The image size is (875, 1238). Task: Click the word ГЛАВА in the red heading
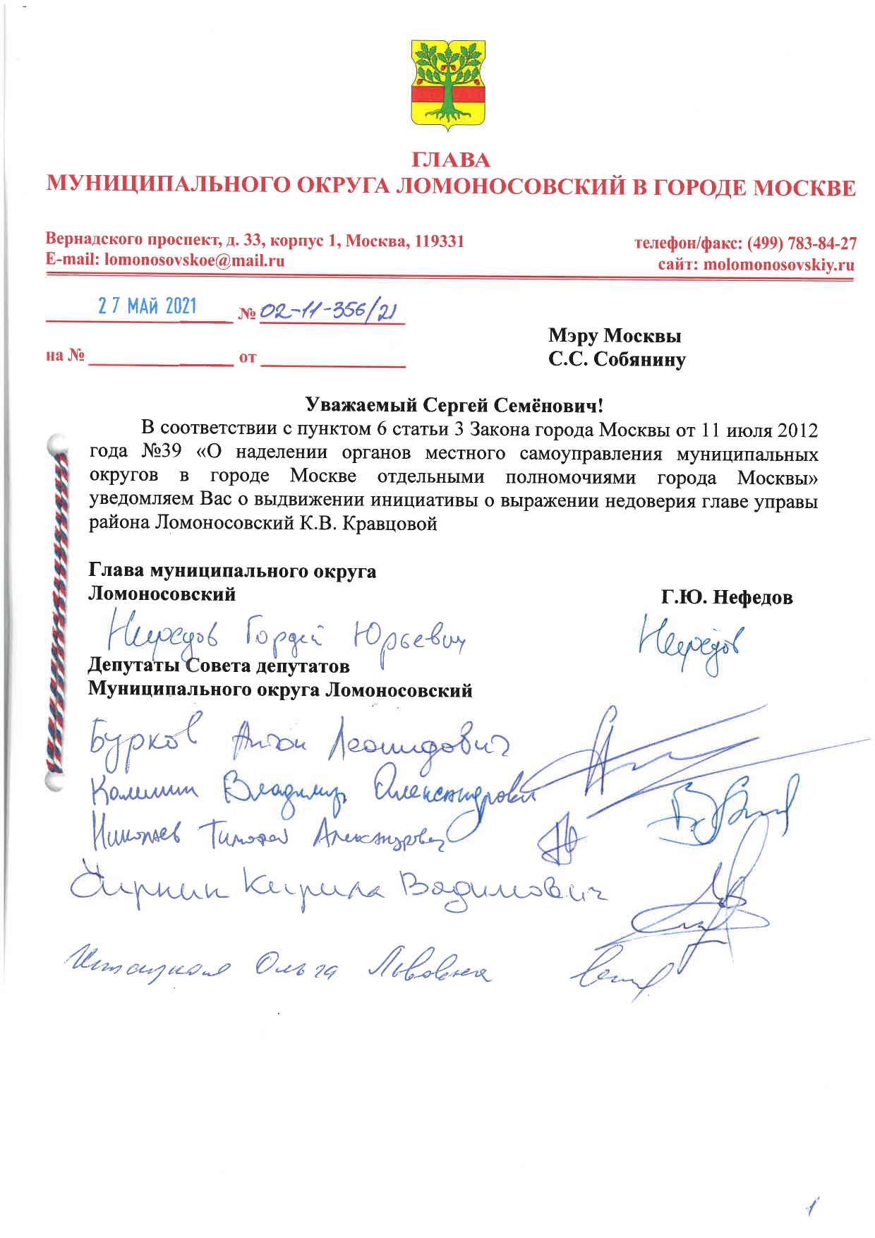pos(450,160)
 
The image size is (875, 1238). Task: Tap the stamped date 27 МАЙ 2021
pos(147,306)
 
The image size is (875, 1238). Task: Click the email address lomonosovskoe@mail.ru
pos(194,260)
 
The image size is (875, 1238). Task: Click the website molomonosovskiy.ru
pos(778,265)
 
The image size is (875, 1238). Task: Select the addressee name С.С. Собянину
pos(617,360)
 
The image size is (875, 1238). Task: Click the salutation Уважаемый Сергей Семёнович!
pos(454,405)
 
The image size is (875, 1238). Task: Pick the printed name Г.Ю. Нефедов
pos(727,598)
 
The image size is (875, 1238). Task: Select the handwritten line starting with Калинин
pos(310,794)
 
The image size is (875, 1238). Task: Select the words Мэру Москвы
pos(614,336)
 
